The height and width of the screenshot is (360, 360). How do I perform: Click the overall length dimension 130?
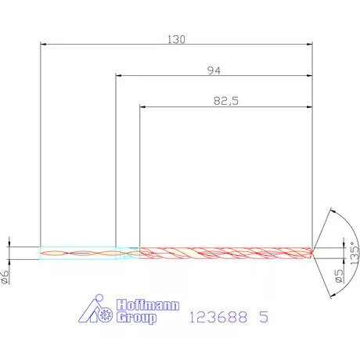coord(176,38)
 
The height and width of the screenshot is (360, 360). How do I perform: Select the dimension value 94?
coord(213,70)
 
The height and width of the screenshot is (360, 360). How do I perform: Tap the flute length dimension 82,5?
coord(225,100)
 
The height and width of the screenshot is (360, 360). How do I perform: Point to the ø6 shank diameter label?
coord(5,275)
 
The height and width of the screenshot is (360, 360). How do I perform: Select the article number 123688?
coord(219,317)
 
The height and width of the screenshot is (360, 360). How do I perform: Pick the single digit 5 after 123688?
coord(263,317)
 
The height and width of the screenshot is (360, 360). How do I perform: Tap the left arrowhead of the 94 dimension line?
coord(119,76)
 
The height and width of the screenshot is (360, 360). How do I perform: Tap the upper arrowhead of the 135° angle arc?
coord(334,211)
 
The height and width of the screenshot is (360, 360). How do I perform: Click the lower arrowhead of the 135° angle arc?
coord(334,293)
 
